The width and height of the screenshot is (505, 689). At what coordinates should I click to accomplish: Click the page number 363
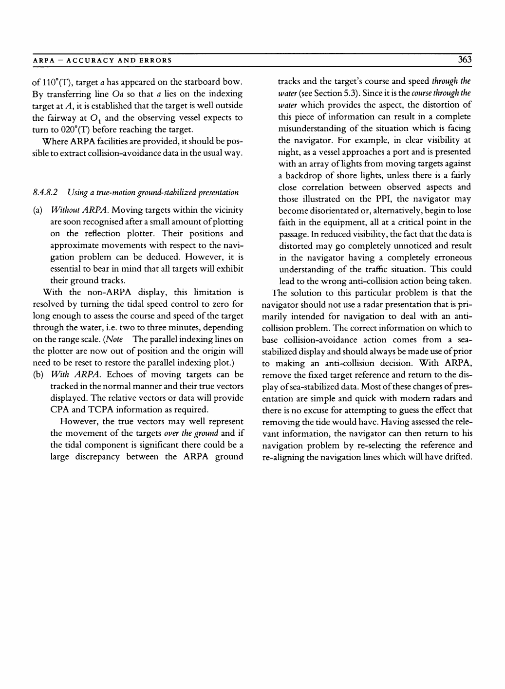(x=465, y=60)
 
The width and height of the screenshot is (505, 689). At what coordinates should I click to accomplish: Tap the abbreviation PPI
(x=384, y=199)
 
